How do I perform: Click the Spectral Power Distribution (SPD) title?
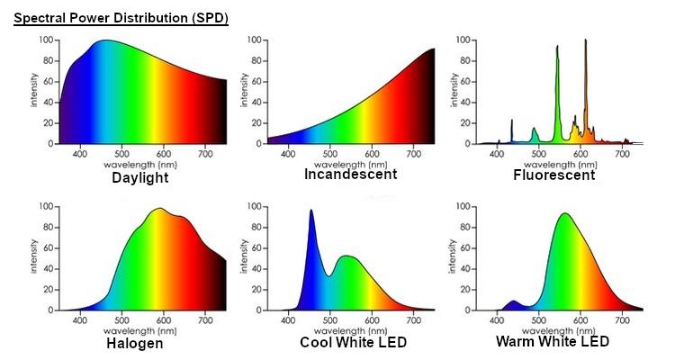pyautogui.click(x=121, y=18)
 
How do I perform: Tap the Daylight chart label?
pyautogui.click(x=139, y=178)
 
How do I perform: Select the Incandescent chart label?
pyautogui.click(x=350, y=174)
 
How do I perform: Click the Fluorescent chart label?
pyautogui.click(x=554, y=175)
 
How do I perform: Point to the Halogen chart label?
pyautogui.click(x=135, y=344)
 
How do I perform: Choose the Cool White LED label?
pyautogui.click(x=353, y=342)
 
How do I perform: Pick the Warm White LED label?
pyautogui.click(x=553, y=341)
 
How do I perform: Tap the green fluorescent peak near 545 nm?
pyautogui.click(x=557, y=48)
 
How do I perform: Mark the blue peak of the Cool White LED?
pyautogui.click(x=310, y=211)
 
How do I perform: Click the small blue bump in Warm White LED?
pyautogui.click(x=513, y=301)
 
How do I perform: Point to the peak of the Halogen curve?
pyautogui.click(x=159, y=209)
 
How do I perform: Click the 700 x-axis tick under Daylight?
pyautogui.click(x=205, y=154)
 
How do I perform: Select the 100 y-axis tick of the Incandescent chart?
pyautogui.click(x=254, y=40)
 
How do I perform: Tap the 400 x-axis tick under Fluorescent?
pyautogui.click(x=497, y=154)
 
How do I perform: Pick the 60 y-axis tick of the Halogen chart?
pyautogui.click(x=48, y=248)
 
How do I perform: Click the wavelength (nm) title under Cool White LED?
pyautogui.click(x=350, y=330)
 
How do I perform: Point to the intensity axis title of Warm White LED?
pyautogui.click(x=452, y=256)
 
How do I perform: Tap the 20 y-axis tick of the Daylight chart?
pyautogui.click(x=48, y=123)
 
